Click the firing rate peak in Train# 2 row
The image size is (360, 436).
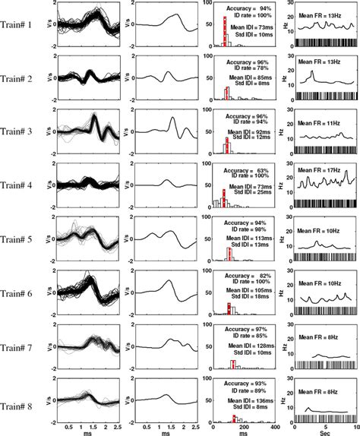tap(311, 73)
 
